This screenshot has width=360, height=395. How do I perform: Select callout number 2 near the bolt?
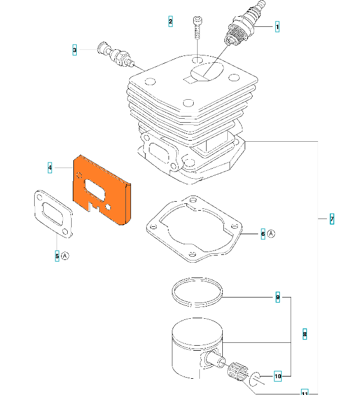pos(170,22)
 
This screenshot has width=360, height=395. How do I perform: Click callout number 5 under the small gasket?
pos(57,256)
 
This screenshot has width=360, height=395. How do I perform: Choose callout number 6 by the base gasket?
pos(263,234)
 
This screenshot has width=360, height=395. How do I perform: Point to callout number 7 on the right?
pos(332,219)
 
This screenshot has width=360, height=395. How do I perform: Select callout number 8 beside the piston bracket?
pos(305,334)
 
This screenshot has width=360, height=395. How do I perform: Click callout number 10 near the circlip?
pos(278,376)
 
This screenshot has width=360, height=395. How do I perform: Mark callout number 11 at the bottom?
pos(305,392)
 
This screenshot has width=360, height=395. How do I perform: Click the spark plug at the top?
pos(243,25)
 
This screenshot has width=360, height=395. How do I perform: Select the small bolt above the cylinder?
pos(197,26)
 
